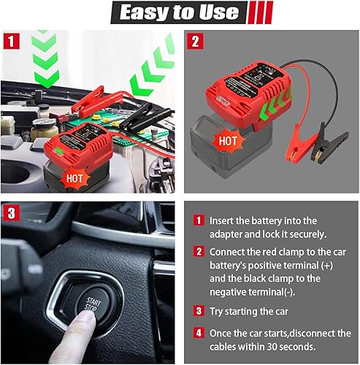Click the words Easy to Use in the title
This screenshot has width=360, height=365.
tap(179, 12)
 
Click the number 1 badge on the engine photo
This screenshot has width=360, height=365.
tap(10, 39)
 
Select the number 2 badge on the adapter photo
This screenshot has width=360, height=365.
tap(194, 39)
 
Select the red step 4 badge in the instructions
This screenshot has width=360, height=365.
tap(198, 331)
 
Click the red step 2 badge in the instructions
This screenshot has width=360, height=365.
tap(198, 250)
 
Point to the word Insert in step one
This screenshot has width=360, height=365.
tap(223, 220)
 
